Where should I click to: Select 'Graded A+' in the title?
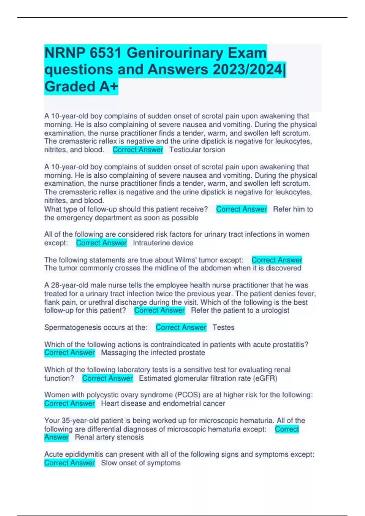[81, 87]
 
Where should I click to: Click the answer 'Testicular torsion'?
[197, 150]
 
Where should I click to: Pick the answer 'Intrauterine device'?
[163, 243]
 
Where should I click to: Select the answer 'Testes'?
[223, 328]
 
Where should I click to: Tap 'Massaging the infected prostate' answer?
[153, 353]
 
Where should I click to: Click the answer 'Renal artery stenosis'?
[109, 437]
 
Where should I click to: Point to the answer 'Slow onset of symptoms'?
[141, 463]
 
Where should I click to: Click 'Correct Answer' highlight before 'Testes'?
[181, 328]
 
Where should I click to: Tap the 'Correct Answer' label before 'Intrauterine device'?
[101, 243]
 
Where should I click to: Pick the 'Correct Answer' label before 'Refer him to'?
[242, 209]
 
